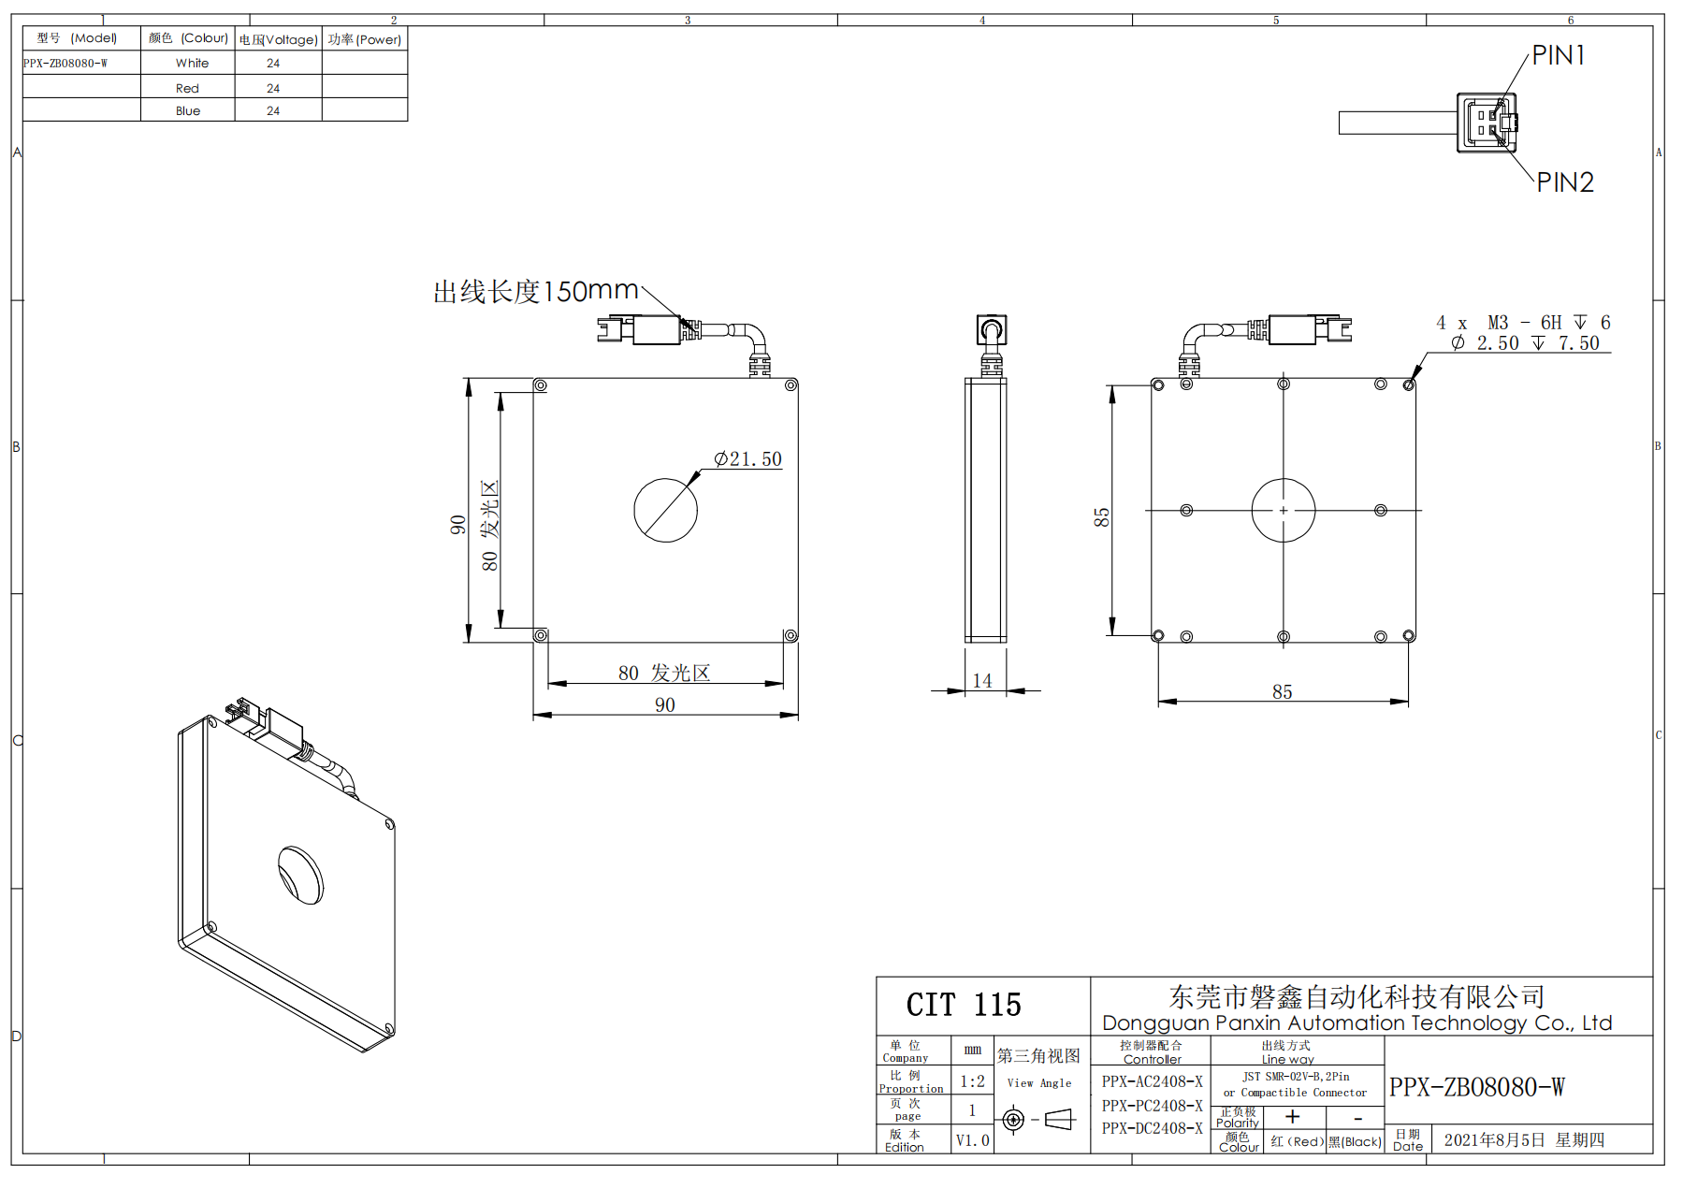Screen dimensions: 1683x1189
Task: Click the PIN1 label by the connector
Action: tap(1559, 55)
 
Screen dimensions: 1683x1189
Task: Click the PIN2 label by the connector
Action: tap(1565, 182)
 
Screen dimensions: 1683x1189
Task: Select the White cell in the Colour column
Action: tap(192, 63)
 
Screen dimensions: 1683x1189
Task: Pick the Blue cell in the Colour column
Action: tap(188, 110)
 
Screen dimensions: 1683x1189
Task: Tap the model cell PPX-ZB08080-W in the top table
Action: tap(65, 64)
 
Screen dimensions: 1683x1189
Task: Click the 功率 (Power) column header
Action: tap(365, 39)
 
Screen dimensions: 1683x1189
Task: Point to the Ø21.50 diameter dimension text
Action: tap(747, 459)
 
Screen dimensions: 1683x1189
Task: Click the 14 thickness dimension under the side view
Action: tap(982, 681)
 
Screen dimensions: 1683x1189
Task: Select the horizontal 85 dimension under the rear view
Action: tap(1283, 691)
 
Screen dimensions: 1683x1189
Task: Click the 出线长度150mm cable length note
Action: tap(536, 291)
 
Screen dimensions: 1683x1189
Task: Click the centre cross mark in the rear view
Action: tap(1284, 511)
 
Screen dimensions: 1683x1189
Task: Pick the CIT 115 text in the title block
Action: tap(964, 1005)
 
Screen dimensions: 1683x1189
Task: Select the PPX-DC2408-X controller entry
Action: tap(1152, 1128)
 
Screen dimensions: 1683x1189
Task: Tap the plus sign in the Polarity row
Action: tap(1293, 1116)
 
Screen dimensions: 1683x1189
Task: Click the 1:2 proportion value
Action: tap(972, 1081)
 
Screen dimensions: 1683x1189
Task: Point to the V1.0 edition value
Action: tap(972, 1140)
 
